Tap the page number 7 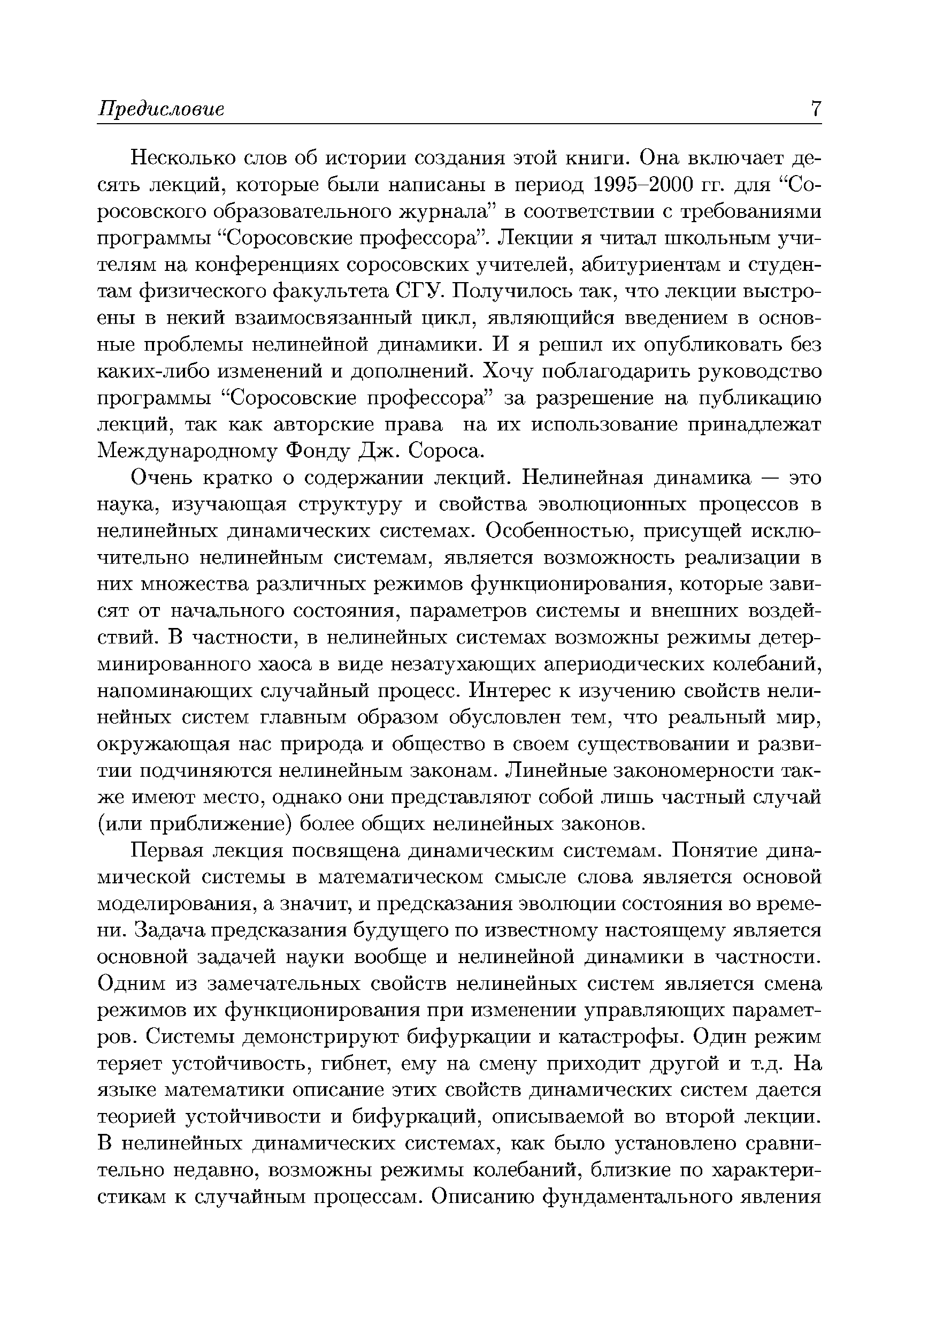[x=816, y=109]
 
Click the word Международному [x=186, y=451]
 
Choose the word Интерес [x=516, y=691]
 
